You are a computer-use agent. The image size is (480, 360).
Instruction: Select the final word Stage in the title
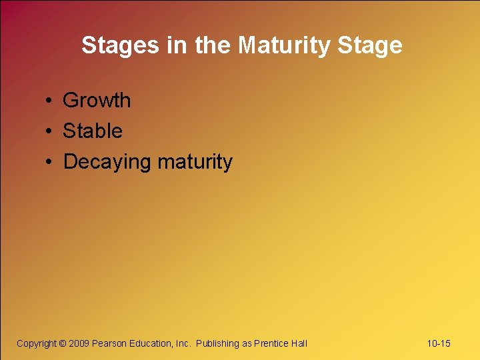click(x=370, y=45)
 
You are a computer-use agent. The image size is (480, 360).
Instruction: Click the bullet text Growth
click(x=97, y=101)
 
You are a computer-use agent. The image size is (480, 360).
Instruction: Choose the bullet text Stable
click(x=93, y=131)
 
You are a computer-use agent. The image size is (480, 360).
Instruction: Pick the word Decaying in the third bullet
click(x=107, y=162)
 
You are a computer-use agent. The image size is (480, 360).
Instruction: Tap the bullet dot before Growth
click(x=50, y=101)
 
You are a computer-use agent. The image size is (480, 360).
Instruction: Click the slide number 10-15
click(x=439, y=343)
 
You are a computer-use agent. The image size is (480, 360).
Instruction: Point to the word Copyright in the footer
click(x=37, y=343)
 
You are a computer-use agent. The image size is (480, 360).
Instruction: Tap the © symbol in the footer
click(x=63, y=343)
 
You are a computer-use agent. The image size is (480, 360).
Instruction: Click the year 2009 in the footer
click(x=79, y=343)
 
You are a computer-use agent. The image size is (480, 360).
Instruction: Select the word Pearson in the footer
click(x=109, y=343)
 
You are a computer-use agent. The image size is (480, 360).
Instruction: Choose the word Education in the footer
click(x=151, y=343)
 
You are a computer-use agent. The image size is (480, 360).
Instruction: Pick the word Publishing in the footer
click(x=217, y=343)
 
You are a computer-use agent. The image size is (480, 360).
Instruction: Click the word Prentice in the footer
click(x=271, y=343)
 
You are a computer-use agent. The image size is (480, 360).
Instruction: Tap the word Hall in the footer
click(x=299, y=343)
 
